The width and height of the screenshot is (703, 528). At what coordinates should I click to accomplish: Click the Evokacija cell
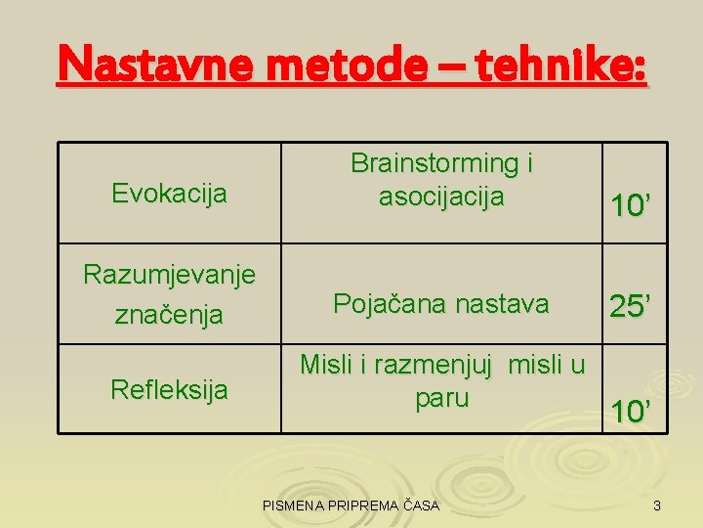(169, 194)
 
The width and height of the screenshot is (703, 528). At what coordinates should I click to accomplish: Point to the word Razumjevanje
(169, 275)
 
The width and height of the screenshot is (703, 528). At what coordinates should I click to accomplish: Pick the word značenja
(169, 315)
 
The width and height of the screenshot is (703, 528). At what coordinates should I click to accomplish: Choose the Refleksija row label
(169, 390)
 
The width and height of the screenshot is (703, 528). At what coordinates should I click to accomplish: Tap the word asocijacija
(441, 197)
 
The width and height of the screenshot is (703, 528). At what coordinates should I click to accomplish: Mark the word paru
(441, 399)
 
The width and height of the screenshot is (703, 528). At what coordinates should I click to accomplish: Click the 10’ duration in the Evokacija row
(632, 205)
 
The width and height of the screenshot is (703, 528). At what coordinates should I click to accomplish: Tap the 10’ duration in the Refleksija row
(632, 412)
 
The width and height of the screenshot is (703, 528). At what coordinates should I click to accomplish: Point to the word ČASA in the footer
(421, 506)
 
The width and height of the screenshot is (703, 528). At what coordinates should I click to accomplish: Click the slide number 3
(657, 506)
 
